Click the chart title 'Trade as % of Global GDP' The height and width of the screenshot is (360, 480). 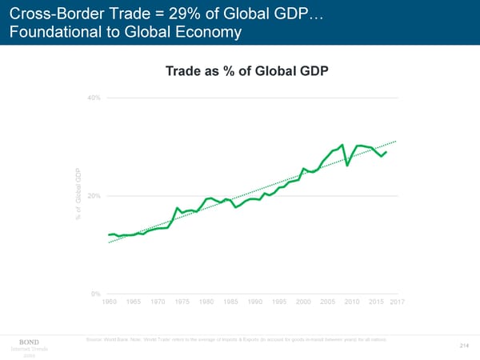[x=247, y=71]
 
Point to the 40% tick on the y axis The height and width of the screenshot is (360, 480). [x=94, y=98]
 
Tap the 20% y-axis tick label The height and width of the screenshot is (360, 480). [x=94, y=196]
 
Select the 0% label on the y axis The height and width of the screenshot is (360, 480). [x=96, y=294]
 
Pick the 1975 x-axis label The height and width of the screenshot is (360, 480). [x=182, y=302]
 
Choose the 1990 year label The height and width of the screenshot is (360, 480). [x=255, y=302]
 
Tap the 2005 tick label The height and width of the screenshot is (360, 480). [x=327, y=302]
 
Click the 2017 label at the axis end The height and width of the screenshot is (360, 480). [x=398, y=302]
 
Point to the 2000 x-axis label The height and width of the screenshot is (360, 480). [x=303, y=302]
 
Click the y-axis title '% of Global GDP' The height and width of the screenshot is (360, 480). [x=79, y=196]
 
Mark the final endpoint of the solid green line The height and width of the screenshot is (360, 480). [x=386, y=152]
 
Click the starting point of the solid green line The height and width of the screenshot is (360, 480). [x=108, y=234]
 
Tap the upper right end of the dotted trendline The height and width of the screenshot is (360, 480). [x=396, y=142]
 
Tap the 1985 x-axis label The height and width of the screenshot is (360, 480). [x=230, y=302]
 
